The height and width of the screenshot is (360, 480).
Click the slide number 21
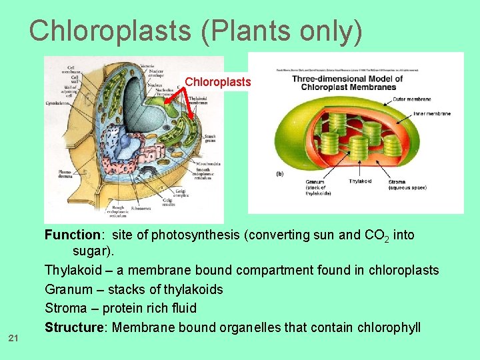13,339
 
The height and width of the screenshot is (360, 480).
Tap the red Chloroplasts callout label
218,82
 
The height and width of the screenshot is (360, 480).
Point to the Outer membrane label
411,99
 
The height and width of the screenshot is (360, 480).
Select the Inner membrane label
432,113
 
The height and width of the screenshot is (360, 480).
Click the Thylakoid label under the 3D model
361,181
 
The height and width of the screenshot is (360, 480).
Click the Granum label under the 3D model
315,181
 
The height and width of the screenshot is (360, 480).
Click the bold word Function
73,235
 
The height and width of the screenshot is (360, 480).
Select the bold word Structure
75,327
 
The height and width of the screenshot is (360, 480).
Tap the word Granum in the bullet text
66,290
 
